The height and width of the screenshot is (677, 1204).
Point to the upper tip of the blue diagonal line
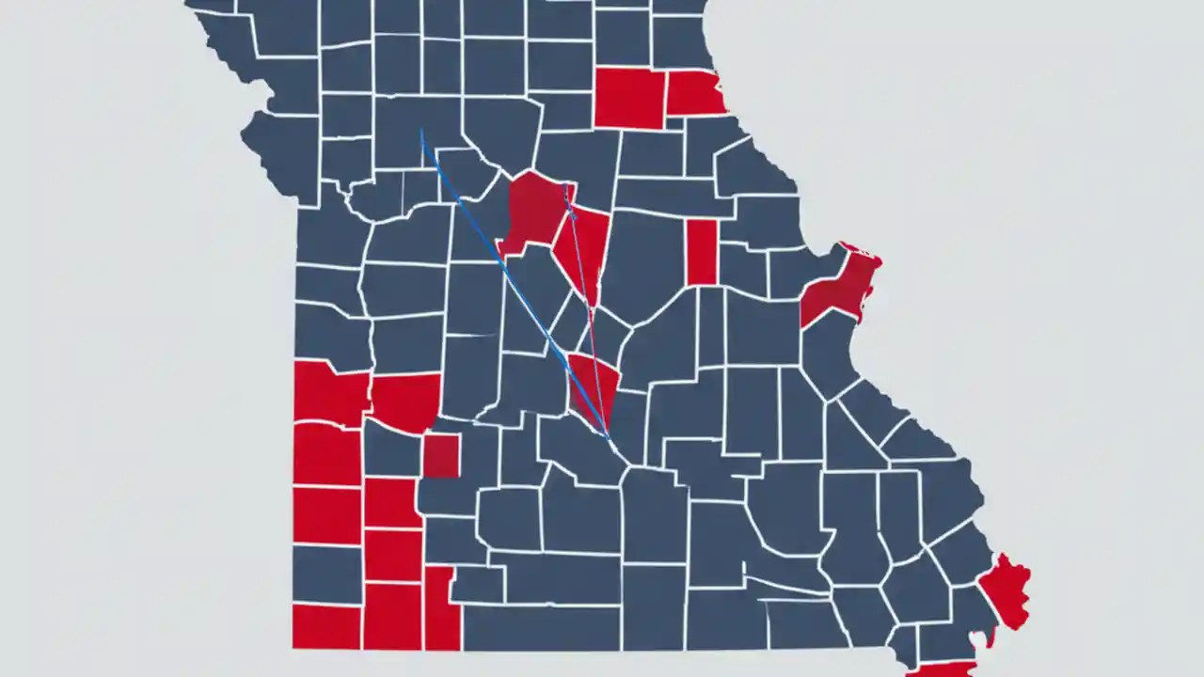(421, 131)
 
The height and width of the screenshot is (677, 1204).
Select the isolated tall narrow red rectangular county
(702, 251)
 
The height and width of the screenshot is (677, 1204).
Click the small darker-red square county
(440, 456)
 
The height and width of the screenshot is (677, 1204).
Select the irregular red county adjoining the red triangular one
(533, 212)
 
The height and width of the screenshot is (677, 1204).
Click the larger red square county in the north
(629, 98)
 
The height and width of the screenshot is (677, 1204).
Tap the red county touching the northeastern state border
(694, 92)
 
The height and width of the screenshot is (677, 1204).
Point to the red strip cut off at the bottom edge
(941, 669)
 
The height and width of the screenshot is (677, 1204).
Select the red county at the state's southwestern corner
(326, 626)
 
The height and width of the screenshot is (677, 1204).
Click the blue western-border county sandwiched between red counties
(326, 574)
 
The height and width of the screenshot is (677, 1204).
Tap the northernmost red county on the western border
(329, 392)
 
